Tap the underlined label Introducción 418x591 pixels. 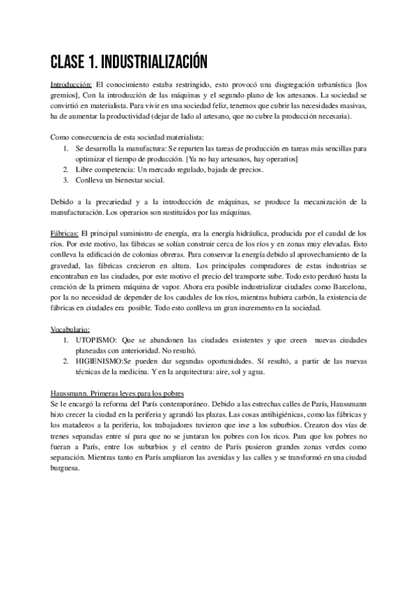[72, 82]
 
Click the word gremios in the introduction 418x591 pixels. [65, 93]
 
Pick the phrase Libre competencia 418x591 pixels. [105, 169]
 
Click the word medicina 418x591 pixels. [146, 372]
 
